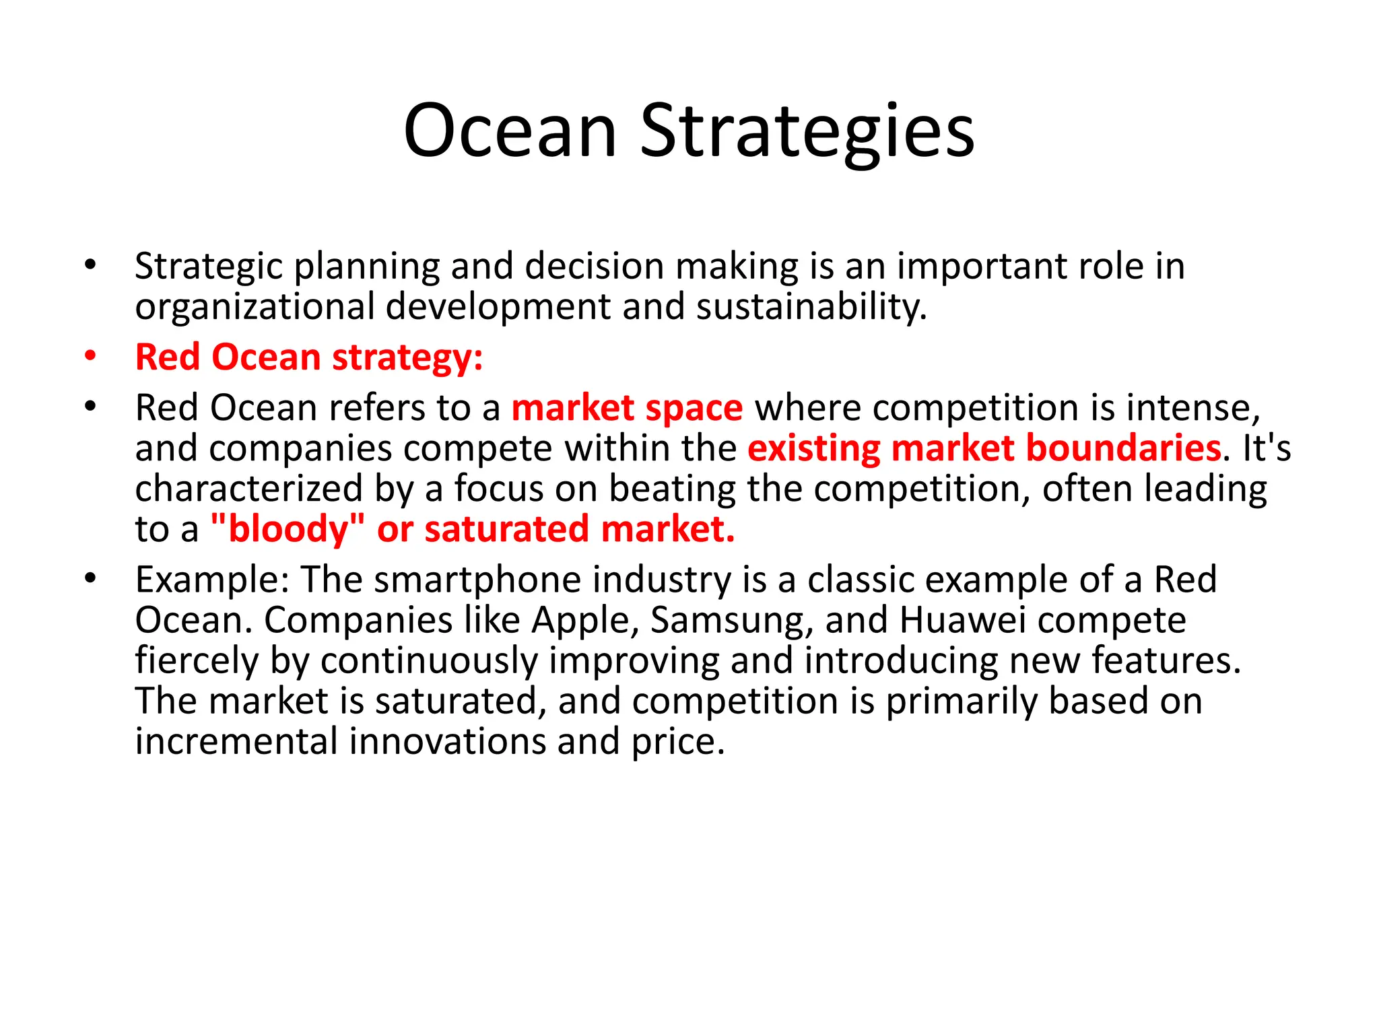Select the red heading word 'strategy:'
[x=407, y=357]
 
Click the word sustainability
[x=811, y=307]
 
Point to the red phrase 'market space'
[x=627, y=409]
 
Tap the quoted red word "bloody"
[x=288, y=529]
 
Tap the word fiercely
[x=197, y=661]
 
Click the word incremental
[x=236, y=741]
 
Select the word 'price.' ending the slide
[x=677, y=743]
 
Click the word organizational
[x=255, y=307]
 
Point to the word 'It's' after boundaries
[x=1267, y=448]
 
